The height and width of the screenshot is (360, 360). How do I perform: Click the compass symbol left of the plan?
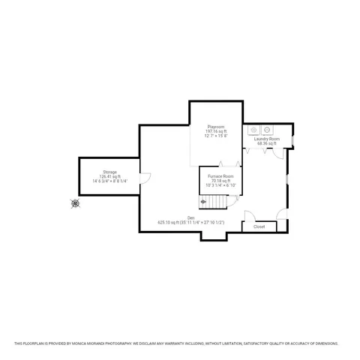click(75, 202)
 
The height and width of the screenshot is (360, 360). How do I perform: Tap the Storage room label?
click(110, 172)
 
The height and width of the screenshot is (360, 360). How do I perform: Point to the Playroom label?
click(217, 127)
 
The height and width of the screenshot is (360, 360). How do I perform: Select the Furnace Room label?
click(220, 175)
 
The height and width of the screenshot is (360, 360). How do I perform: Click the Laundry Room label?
click(266, 139)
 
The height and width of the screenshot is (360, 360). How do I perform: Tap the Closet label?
click(259, 226)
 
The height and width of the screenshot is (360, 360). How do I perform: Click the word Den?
click(191, 217)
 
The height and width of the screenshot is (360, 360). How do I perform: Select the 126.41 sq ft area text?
click(110, 176)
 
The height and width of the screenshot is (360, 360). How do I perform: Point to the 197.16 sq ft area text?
click(217, 131)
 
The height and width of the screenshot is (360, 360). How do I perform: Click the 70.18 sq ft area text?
click(220, 180)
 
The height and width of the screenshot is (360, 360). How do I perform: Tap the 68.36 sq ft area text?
click(266, 143)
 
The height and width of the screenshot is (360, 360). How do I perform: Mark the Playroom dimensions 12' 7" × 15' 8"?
click(217, 136)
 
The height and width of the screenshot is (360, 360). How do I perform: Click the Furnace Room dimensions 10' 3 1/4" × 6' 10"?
click(220, 184)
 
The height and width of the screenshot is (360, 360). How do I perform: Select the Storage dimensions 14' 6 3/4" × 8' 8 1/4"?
click(110, 181)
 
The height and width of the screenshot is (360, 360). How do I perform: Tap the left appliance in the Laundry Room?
click(253, 127)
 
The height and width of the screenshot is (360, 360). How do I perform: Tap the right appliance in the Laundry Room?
click(266, 127)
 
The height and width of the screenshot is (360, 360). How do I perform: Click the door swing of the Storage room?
click(145, 179)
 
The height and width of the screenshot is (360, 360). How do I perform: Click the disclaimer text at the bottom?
click(180, 343)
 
